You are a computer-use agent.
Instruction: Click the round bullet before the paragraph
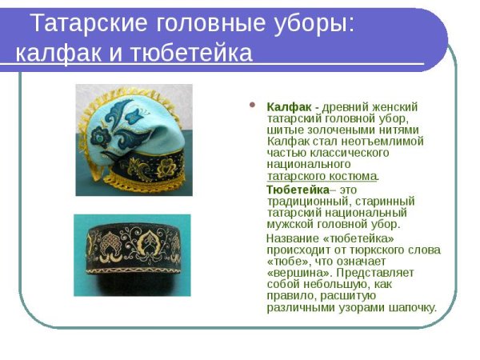[x=254, y=106]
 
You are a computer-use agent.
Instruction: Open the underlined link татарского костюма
[x=322, y=175]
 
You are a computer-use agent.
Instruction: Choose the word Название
[x=294, y=238]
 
